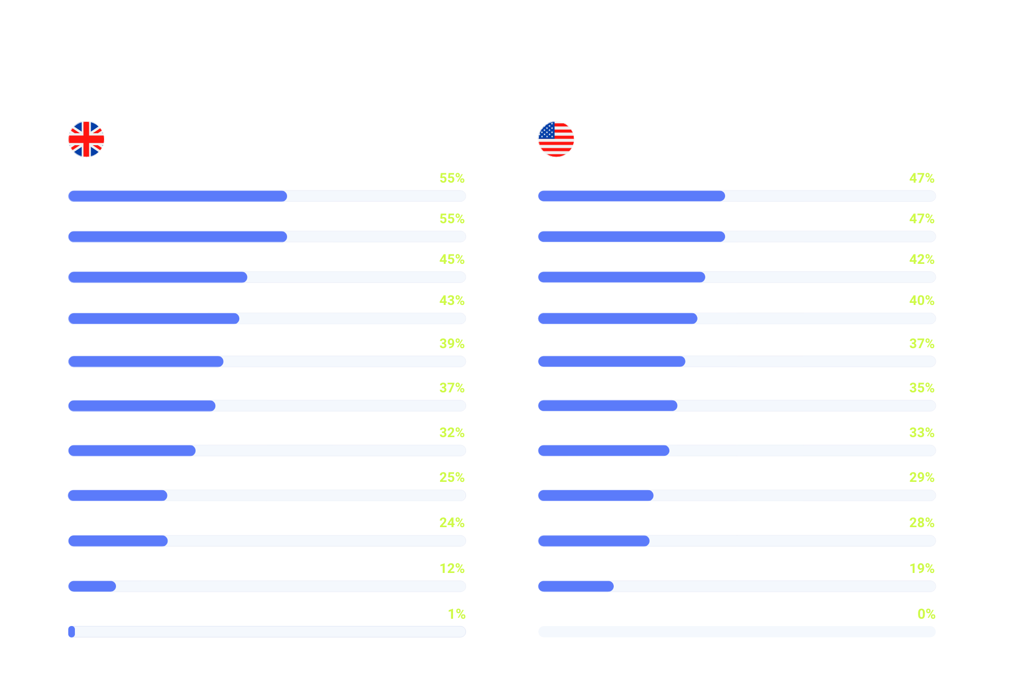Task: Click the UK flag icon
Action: pos(86,139)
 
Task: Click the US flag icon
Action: pos(556,139)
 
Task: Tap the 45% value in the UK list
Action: pos(451,259)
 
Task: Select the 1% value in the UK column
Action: pos(456,614)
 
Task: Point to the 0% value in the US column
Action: pos(926,614)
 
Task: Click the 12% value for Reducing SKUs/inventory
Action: pos(451,568)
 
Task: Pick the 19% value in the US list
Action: pos(922,568)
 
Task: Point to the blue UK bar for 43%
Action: pos(153,318)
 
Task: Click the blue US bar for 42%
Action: pos(621,277)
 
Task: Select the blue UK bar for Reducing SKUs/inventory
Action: pos(92,586)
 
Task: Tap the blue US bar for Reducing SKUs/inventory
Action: pos(575,586)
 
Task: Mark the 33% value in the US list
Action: pos(922,433)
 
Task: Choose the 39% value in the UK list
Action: pos(451,344)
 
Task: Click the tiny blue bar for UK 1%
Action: pos(72,632)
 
